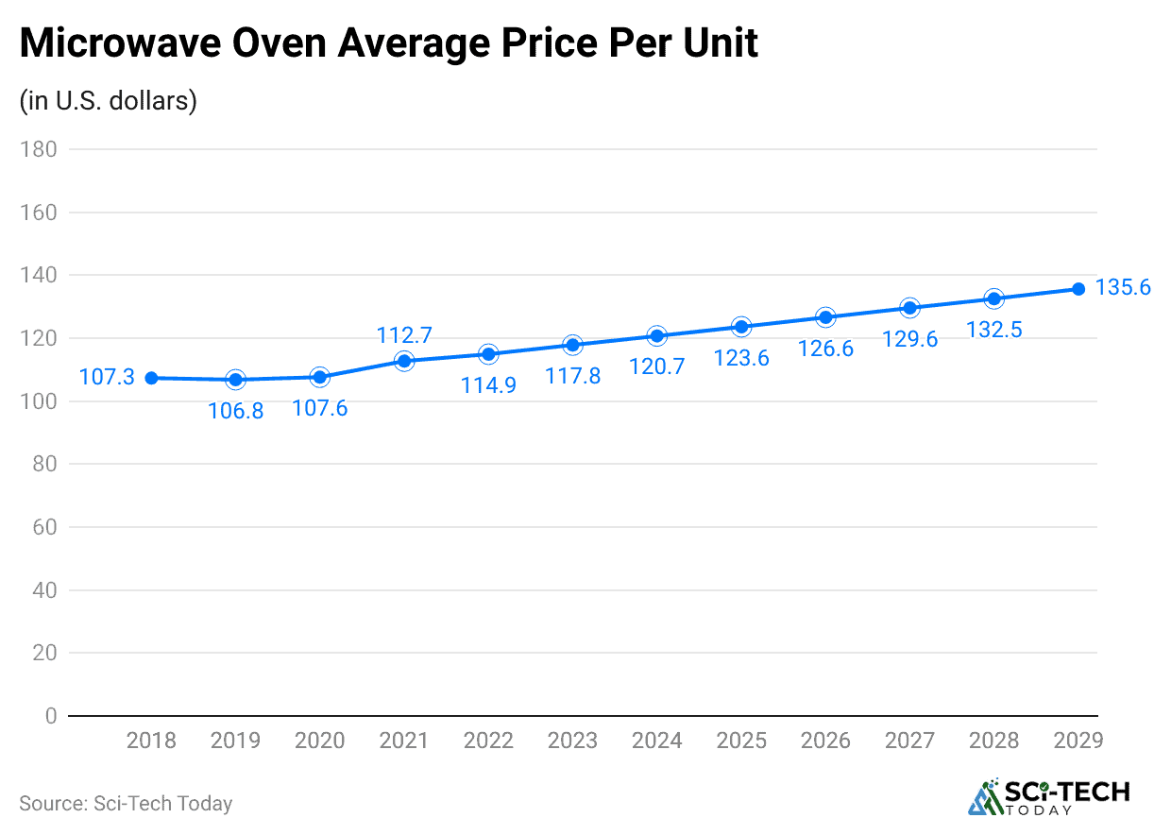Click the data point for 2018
(x=151, y=378)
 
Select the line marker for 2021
(x=404, y=361)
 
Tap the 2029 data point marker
(x=1078, y=289)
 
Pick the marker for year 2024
(x=657, y=336)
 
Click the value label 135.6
(x=1123, y=288)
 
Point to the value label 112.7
(x=404, y=334)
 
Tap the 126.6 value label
(x=825, y=349)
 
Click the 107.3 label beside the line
(x=106, y=378)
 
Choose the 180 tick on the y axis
(x=39, y=149)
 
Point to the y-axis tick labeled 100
(x=39, y=401)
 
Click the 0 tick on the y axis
(x=50, y=716)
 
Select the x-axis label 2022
(x=488, y=741)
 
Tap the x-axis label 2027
(x=909, y=741)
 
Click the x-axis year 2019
(x=236, y=741)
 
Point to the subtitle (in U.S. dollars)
(x=108, y=101)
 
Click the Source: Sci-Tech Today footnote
(x=126, y=804)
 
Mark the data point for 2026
(x=825, y=317)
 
